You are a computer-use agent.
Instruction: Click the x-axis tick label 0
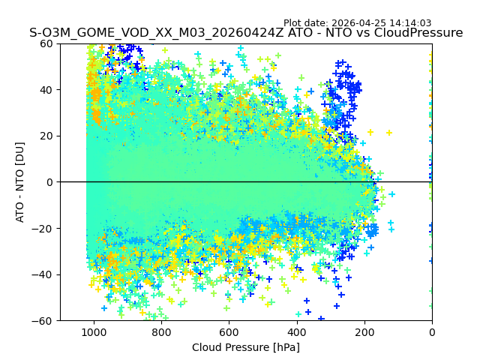tap(432, 331)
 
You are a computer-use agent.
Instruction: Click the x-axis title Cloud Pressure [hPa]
tap(246, 347)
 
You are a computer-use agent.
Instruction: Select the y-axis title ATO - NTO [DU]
tap(20, 181)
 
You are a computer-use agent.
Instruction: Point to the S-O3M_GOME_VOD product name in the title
tap(90, 33)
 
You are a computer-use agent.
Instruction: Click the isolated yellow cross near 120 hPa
tap(389, 133)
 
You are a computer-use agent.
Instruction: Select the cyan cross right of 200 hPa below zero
tap(391, 194)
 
